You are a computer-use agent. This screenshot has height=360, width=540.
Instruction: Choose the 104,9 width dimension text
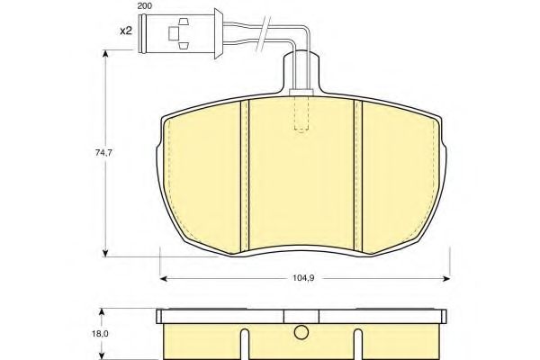click(303, 279)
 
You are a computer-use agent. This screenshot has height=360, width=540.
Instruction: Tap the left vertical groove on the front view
click(244, 175)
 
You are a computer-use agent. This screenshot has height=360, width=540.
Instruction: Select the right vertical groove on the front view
click(356, 175)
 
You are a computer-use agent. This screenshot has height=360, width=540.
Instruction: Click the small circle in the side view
click(300, 336)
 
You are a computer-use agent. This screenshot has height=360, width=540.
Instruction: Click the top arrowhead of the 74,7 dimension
click(108, 55)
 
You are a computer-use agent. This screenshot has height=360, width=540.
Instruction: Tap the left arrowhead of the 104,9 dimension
click(164, 277)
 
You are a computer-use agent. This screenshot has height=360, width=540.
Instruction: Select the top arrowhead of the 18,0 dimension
click(108, 310)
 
